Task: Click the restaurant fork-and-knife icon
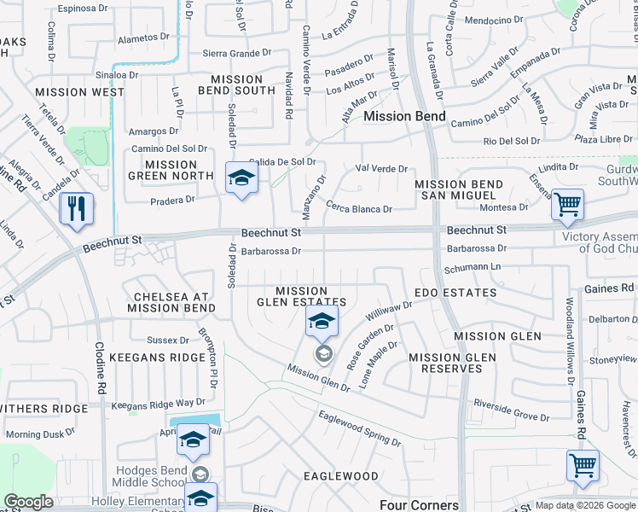point(77,208)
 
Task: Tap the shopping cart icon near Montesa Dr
point(567,205)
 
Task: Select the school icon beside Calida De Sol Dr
point(241,178)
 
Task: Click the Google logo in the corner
point(28,502)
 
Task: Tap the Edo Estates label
point(455,293)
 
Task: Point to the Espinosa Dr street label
point(84,8)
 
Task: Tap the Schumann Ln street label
point(471,268)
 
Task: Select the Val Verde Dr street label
point(381,169)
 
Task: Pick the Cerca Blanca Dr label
point(359,208)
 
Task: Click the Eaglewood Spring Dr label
point(359,429)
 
